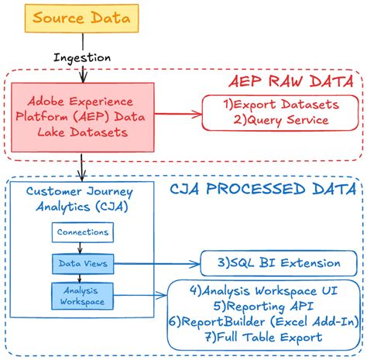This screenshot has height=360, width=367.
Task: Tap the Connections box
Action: tap(82, 231)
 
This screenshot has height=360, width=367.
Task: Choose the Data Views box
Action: tap(82, 263)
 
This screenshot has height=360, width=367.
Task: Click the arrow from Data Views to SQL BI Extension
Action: tap(155, 264)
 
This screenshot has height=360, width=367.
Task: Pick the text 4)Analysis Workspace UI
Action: tap(263, 291)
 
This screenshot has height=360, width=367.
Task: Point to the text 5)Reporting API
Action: tap(263, 306)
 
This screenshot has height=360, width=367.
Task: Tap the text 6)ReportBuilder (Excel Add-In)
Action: tap(263, 321)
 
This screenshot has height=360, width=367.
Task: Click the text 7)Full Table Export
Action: tap(263, 337)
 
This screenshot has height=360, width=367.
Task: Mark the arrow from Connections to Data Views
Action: tap(82, 247)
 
